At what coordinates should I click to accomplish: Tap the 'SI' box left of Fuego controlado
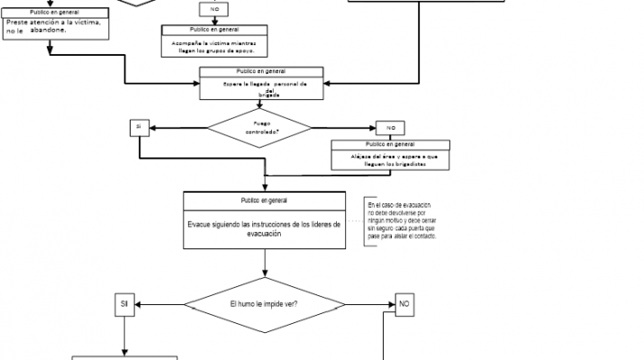pos(139,127)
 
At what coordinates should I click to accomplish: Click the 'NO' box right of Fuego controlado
pos(390,127)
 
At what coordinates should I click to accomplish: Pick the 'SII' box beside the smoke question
pos(124,304)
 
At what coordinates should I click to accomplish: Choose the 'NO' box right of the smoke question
pos(404,305)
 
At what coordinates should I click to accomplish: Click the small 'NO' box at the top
pos(214,8)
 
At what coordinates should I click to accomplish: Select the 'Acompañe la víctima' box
pos(214,41)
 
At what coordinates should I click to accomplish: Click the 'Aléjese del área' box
pos(390,155)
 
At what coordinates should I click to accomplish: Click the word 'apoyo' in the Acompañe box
pos(238,50)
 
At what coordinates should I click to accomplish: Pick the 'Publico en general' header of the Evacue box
pos(264,199)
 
